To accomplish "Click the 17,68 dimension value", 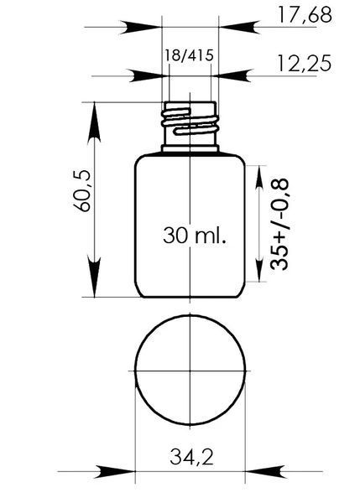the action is [305, 15].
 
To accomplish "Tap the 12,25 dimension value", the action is [304, 63].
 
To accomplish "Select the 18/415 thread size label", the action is [189, 55].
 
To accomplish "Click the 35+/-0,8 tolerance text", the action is [279, 225].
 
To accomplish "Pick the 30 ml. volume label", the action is [195, 235].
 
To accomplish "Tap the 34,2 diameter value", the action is [191, 457].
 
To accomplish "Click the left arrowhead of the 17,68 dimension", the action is [140, 28].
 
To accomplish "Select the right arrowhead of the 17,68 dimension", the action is [239, 28].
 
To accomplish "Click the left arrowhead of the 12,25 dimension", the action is [149, 75].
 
